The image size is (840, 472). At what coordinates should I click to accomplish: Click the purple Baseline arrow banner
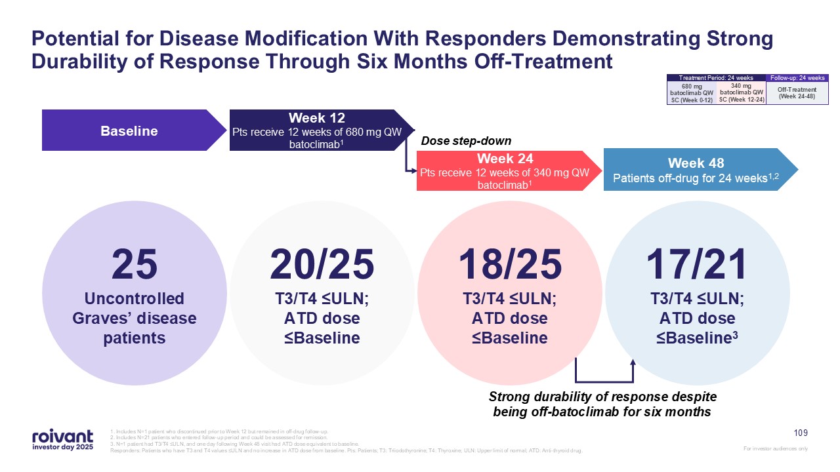(x=129, y=131)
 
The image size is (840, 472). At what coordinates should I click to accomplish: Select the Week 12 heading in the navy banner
(x=317, y=118)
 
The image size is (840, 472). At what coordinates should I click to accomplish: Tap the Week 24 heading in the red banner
(x=505, y=159)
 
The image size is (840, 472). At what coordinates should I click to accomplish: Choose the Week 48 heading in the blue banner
(x=696, y=163)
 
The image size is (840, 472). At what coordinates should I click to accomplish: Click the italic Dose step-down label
(x=465, y=141)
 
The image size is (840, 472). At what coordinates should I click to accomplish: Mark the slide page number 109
(x=801, y=433)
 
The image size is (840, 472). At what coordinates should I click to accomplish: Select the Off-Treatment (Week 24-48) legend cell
(x=797, y=92)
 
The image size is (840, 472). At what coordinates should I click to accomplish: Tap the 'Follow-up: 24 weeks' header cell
(x=797, y=78)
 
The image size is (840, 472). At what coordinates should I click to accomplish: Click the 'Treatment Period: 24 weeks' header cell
(x=715, y=78)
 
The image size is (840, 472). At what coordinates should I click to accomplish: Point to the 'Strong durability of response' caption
(x=603, y=405)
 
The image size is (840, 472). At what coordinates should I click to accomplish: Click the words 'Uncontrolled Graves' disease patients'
(x=135, y=319)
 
